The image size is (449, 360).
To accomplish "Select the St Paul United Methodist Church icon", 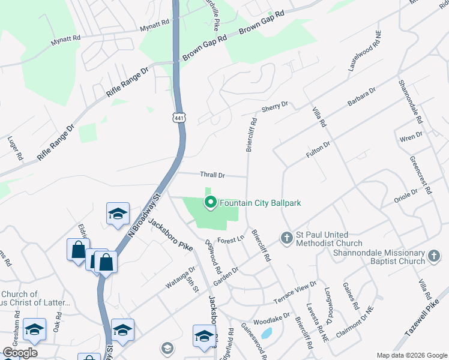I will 286,238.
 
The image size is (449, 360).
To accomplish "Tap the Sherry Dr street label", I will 275,107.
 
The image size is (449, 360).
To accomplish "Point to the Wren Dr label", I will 411,137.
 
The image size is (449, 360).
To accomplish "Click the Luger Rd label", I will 15,148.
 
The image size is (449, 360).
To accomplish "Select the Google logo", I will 20,353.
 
